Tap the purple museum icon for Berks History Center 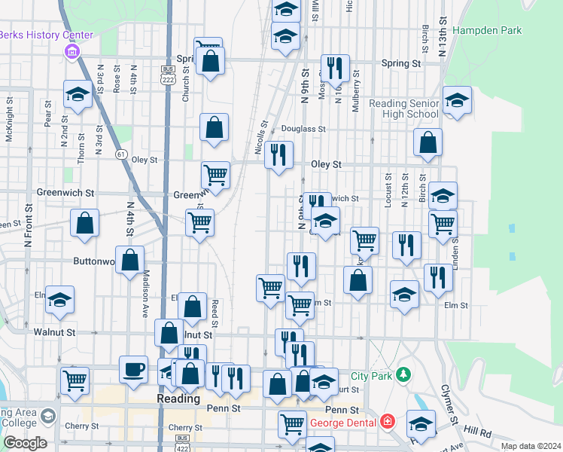pyautogui.click(x=72, y=52)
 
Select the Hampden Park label pyautogui.click(x=487, y=31)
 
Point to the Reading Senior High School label pyautogui.click(x=403, y=108)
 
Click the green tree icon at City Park pyautogui.click(x=404, y=374)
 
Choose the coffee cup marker pyautogui.click(x=133, y=370)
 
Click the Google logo pyautogui.click(x=24, y=443)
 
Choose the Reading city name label pyautogui.click(x=178, y=399)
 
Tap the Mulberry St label pyautogui.click(x=356, y=91)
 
